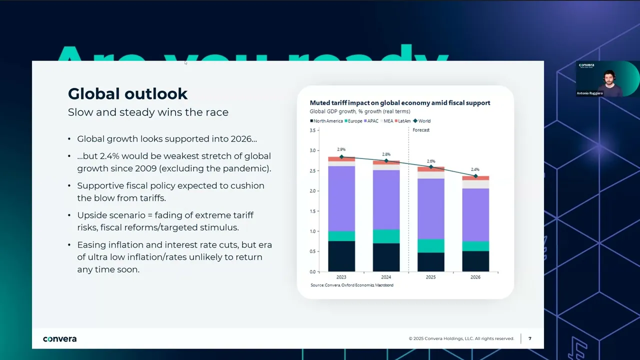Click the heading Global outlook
(x=127, y=93)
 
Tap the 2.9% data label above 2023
(x=341, y=149)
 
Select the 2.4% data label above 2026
(x=475, y=169)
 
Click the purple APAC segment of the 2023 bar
(x=341, y=198)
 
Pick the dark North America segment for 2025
(x=430, y=262)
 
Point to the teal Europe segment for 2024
(x=386, y=236)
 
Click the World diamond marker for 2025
(x=430, y=166)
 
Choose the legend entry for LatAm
(x=403, y=121)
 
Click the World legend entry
(x=422, y=121)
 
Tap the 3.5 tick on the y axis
(x=313, y=130)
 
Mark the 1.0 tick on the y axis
(x=313, y=231)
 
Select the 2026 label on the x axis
(x=475, y=277)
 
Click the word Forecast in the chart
(x=421, y=130)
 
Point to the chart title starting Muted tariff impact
(x=400, y=103)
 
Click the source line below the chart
(x=352, y=285)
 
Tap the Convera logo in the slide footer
(x=60, y=339)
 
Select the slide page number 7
(x=530, y=338)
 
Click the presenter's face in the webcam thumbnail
(x=608, y=76)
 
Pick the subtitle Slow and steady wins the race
(x=148, y=112)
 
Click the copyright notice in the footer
(x=461, y=338)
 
